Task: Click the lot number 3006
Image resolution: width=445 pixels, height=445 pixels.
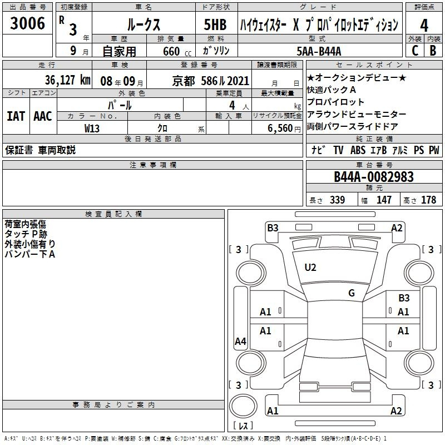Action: point(27,23)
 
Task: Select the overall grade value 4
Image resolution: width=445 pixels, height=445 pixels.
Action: point(424,26)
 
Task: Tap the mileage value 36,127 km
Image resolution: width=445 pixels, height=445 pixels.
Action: point(67,80)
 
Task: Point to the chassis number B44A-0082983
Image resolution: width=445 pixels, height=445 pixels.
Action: point(374,177)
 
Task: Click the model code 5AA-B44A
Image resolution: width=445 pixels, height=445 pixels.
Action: point(319,51)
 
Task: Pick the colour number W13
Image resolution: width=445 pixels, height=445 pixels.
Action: point(92,128)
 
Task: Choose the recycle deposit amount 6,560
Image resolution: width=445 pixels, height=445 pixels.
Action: point(280,128)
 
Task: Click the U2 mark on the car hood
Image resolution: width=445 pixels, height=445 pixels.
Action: point(310,268)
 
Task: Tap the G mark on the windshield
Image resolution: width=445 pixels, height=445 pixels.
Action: point(352,293)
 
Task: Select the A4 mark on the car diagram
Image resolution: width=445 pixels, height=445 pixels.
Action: point(241,341)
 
